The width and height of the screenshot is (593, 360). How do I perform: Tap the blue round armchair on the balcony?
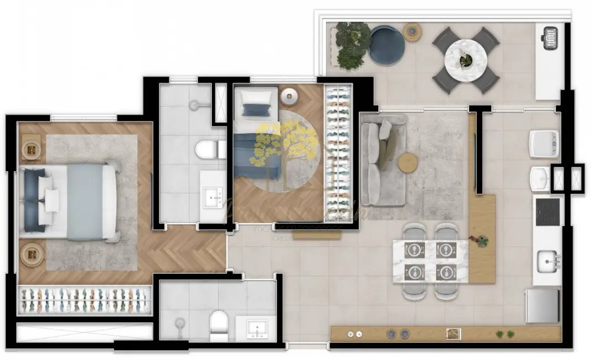[388, 44]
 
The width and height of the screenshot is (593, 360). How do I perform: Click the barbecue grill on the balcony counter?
[550, 38]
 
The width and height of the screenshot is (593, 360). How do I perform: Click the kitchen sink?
[548, 259]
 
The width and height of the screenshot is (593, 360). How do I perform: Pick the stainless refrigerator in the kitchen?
[542, 305]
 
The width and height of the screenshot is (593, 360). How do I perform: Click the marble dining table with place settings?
[430, 261]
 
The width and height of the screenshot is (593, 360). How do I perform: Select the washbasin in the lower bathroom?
[256, 328]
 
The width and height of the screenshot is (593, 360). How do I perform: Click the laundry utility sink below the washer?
[539, 178]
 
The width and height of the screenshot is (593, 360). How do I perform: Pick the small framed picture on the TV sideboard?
[454, 333]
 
